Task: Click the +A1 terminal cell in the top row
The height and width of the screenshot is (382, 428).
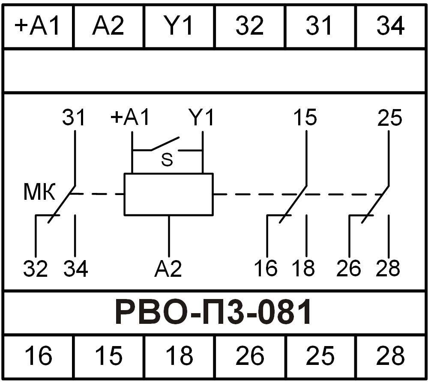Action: point(38,27)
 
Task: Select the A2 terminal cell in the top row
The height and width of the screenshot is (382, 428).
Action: point(109,27)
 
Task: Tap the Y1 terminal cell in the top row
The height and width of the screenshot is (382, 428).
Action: point(179,27)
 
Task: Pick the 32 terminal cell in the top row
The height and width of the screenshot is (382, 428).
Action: point(250,27)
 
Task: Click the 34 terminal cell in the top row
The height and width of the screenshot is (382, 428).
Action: point(390,27)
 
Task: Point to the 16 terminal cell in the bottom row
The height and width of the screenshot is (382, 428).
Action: point(38,355)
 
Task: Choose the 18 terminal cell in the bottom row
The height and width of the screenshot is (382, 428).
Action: point(179,355)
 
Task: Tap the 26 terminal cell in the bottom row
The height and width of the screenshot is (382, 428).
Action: point(250,355)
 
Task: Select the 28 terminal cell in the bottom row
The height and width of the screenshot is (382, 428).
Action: point(390,355)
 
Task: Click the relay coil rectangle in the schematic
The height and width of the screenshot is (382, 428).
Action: point(168,194)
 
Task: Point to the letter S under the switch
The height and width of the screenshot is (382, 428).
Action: point(167,160)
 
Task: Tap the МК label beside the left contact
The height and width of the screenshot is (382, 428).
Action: point(39,193)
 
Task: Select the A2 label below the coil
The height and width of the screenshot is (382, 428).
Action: point(168,269)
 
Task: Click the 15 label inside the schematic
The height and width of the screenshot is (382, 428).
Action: point(305,117)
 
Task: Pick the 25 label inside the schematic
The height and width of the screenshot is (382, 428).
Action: point(389,118)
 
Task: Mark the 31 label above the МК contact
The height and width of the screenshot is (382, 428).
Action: point(74,117)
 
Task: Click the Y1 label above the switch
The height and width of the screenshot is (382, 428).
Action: point(201,117)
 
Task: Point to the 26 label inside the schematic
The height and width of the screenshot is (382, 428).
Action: point(348,269)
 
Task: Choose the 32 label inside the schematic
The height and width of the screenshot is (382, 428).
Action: point(35,269)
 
